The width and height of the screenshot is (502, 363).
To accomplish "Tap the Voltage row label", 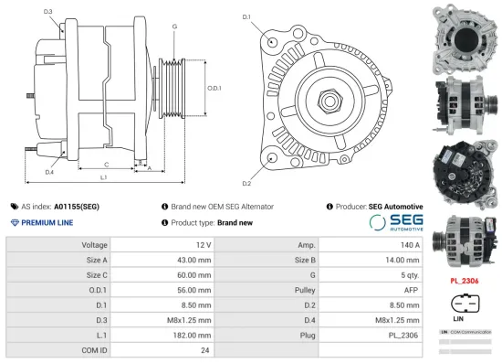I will tap(95, 246).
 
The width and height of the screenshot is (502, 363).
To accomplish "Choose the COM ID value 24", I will tap(205, 349).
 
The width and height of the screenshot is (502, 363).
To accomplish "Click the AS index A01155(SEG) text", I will tap(59, 207).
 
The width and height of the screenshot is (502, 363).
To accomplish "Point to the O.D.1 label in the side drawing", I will tap(214, 88).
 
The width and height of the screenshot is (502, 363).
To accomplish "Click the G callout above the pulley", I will tap(174, 27).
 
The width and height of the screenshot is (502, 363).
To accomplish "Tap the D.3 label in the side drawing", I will tap(47, 12).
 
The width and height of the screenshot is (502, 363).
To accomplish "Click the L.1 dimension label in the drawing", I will tap(103, 176).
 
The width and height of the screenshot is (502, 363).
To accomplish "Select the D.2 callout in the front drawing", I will tap(246, 170).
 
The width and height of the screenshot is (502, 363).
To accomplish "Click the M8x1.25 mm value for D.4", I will tap(400, 320).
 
